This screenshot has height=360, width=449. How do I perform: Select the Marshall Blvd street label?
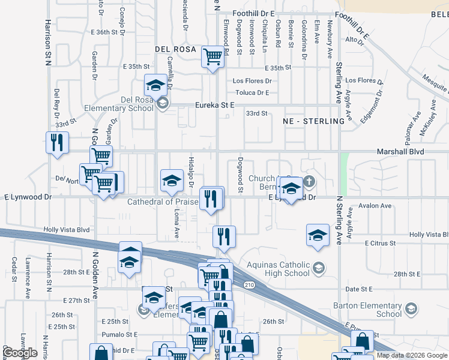coord(400,152)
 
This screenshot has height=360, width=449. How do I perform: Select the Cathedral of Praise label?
coord(162,202)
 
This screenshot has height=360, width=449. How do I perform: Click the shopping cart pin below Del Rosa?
coord(212,57)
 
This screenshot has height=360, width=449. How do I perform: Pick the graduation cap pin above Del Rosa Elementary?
coord(155,85)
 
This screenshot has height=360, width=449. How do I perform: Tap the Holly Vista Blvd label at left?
coord(67,229)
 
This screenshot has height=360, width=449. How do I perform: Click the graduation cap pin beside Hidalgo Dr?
coord(172,180)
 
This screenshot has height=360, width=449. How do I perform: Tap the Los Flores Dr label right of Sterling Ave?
coord(364,80)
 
